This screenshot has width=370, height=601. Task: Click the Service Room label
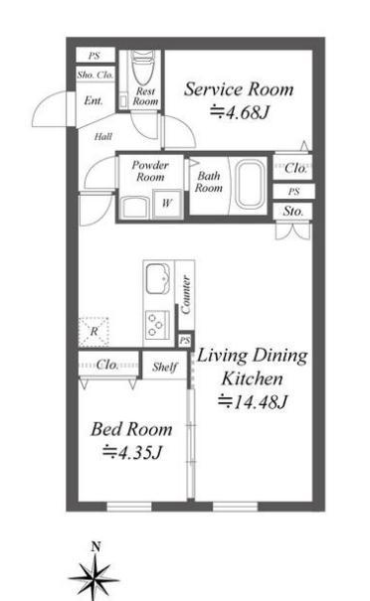[239, 89]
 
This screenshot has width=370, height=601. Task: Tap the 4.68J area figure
[240, 112]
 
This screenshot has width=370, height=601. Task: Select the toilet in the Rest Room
[143, 68]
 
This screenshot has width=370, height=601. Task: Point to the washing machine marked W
[167, 203]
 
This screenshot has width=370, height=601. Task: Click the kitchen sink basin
[158, 279]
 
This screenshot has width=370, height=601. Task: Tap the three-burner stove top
[157, 325]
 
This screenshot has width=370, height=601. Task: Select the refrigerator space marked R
[93, 332]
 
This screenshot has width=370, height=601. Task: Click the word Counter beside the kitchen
[186, 295]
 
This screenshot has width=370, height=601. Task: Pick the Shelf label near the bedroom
[165, 368]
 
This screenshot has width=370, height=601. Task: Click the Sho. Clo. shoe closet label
[95, 75]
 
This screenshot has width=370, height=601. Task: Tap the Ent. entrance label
[93, 100]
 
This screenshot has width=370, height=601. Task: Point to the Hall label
[103, 136]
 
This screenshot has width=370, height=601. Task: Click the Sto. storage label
[292, 212]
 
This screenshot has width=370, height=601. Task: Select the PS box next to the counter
[185, 340]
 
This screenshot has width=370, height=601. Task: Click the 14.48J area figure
[253, 401]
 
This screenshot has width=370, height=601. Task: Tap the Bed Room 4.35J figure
[131, 452]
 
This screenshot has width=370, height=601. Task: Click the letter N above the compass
[95, 547]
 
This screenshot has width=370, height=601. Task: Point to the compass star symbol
[93, 578]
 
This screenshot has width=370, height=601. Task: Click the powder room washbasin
[134, 208]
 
